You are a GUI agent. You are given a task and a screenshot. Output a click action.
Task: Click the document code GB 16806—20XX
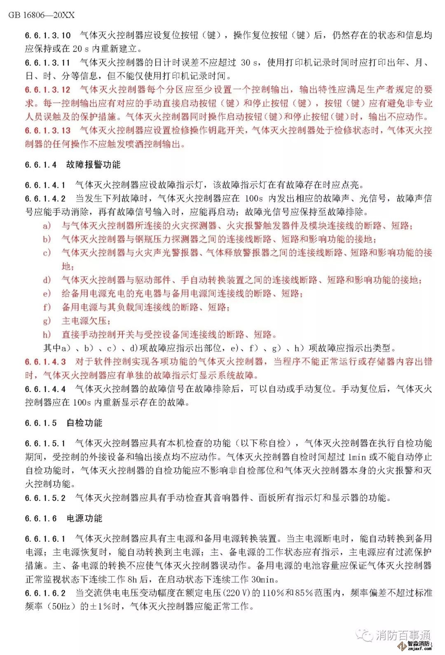[41, 15]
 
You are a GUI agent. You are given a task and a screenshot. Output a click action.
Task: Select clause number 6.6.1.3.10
[48, 35]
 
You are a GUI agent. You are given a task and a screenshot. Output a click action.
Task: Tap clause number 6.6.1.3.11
[48, 63]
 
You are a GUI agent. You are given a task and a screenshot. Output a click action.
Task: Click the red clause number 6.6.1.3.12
[48, 90]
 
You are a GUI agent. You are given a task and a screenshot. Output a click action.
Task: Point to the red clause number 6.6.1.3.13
[48, 131]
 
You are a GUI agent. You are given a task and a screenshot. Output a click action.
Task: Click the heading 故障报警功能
[94, 165]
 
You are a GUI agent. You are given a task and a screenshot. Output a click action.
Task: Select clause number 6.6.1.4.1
[45, 185]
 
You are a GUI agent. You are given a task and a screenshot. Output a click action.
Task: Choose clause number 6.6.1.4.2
[45, 199]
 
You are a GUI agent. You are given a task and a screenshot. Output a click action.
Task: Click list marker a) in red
[47, 226]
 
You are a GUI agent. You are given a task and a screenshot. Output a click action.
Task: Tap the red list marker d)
[47, 280]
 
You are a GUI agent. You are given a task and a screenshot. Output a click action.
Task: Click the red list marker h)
[47, 335]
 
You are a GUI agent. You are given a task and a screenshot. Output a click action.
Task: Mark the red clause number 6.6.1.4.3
[45, 362]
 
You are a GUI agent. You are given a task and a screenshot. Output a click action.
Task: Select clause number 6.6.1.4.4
[45, 389]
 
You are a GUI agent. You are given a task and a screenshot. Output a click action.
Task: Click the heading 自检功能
[84, 423]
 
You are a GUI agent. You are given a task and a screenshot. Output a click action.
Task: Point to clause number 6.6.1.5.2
[45, 498]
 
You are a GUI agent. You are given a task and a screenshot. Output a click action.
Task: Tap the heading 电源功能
[84, 519]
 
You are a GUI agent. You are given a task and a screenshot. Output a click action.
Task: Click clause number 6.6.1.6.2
[45, 593]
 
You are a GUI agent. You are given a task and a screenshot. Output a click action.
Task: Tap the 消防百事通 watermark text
[403, 635]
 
